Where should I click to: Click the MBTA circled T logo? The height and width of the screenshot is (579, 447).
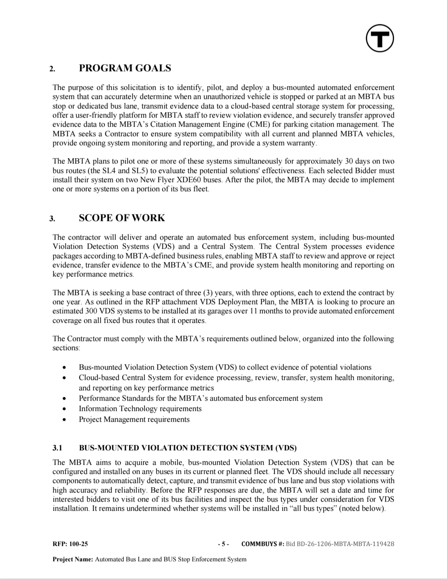380,38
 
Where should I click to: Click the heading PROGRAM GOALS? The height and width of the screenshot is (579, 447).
125,68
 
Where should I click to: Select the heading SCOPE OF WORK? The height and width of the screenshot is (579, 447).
122,218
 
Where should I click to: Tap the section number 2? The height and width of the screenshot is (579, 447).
52,69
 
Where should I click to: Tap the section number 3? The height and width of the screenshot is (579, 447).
52,219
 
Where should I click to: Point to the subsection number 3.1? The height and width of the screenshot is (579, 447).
57,448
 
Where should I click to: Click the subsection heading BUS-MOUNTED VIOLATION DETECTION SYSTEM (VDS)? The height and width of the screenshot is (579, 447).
187,448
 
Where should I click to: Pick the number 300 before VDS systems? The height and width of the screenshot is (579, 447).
91,311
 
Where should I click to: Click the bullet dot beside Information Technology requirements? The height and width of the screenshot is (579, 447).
64,409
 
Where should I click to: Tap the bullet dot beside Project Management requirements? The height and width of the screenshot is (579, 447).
64,420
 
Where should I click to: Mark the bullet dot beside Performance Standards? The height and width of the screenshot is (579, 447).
64,399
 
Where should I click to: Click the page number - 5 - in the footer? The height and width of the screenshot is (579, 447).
223,544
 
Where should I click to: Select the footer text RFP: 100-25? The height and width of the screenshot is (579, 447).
70,544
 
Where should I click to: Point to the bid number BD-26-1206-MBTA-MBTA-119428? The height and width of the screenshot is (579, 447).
340,544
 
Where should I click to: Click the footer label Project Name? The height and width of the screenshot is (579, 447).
73,560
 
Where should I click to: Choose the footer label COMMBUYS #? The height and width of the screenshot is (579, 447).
262,544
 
